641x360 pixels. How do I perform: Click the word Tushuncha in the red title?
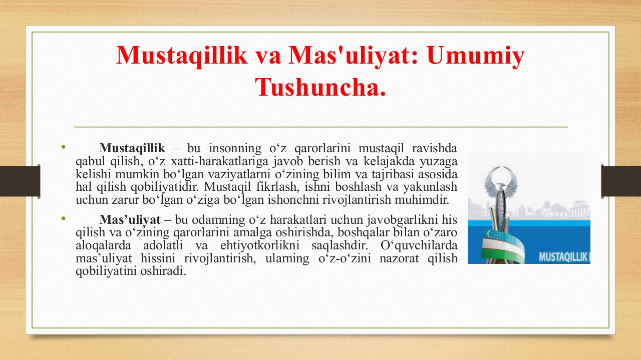[320, 87]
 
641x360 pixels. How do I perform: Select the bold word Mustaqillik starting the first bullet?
[132, 148]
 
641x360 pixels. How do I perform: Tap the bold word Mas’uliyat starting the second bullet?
[130, 219]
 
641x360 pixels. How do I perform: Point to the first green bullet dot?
[63, 147]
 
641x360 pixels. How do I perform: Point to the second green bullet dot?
[63, 219]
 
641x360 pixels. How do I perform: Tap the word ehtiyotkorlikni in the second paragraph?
[260, 245]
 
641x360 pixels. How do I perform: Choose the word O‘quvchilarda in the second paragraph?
[419, 245]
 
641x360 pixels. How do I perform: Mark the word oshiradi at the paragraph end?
[163, 271]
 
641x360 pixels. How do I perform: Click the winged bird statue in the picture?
[500, 197]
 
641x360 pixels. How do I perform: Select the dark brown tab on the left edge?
[20, 181]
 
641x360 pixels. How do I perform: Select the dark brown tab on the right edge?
[621, 181]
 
